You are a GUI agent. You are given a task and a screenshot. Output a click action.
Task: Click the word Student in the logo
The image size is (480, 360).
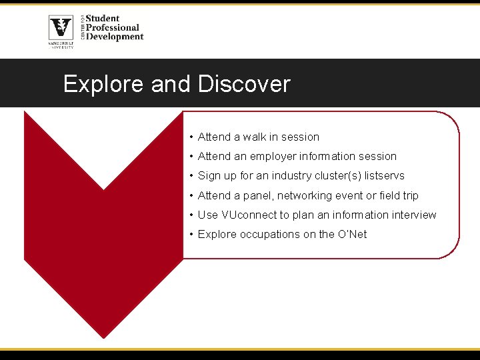coord(103,19)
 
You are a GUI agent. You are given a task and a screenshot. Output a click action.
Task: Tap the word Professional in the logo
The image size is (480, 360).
coord(112,28)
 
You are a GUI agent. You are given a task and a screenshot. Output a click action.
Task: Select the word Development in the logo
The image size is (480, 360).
coord(114,37)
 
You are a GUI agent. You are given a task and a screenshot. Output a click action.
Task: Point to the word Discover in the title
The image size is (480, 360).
coord(244,84)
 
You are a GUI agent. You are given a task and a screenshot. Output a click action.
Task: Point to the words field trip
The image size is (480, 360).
coord(399,195)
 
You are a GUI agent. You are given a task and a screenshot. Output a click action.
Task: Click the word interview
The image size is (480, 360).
coord(414,215)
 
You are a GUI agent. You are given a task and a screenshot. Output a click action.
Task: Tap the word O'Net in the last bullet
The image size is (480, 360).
coord(352,234)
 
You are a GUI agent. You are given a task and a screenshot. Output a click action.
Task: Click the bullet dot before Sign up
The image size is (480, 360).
coord(191,176)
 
